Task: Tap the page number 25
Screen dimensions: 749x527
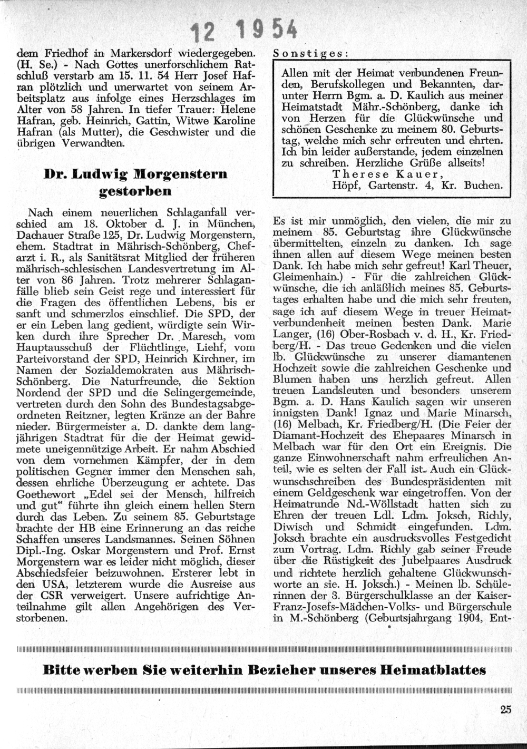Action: [x=506, y=709]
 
